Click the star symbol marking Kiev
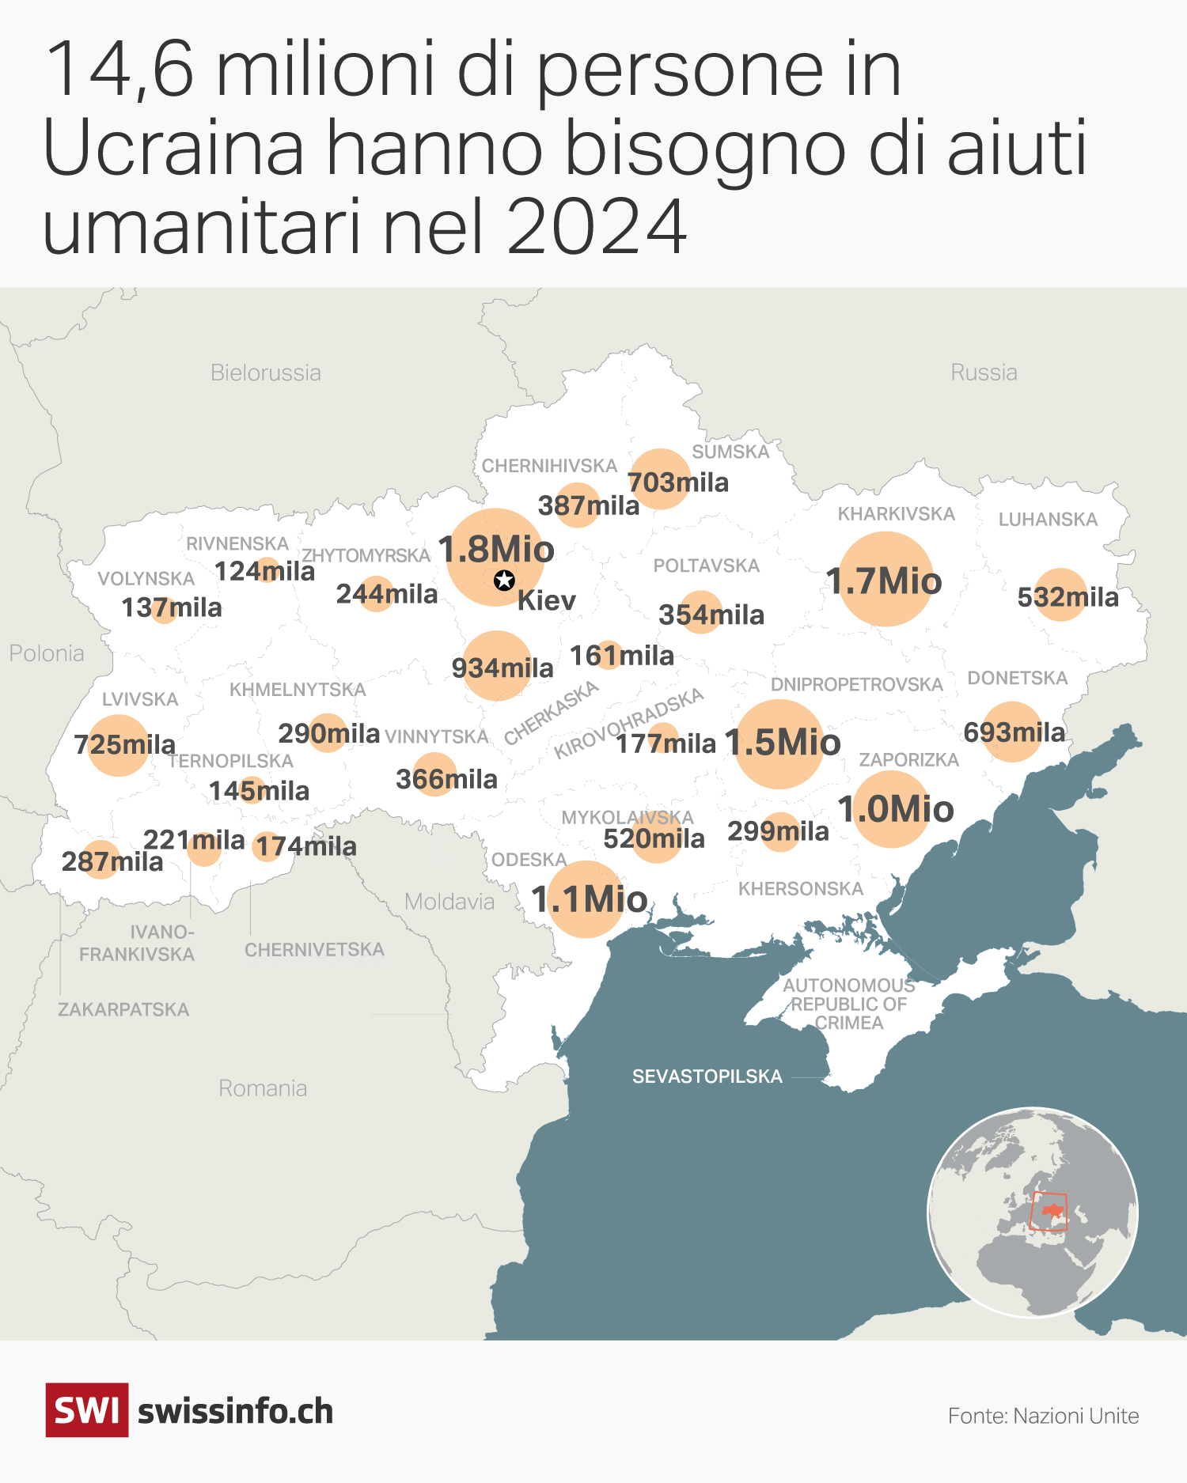[x=504, y=581]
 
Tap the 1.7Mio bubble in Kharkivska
[x=885, y=580]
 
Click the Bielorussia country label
[x=266, y=373]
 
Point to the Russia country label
[x=984, y=372]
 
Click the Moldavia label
[x=449, y=902]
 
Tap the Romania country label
[x=263, y=1088]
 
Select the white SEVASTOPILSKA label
[x=707, y=1076]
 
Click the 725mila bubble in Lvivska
[x=119, y=745]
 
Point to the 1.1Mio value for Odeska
[x=589, y=899]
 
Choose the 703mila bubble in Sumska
[x=661, y=479]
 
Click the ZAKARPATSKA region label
[x=123, y=1009]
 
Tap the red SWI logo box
[x=87, y=1410]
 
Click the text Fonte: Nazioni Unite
[x=1043, y=1416]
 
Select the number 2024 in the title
[x=597, y=227]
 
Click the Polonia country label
[x=47, y=653]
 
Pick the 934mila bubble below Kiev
[x=497, y=666]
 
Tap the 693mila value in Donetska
[x=1013, y=732]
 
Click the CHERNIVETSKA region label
[x=314, y=949]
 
